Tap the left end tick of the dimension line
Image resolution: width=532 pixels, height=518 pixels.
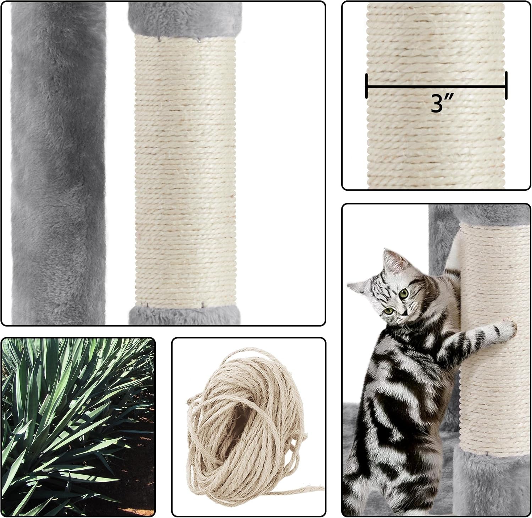coord(366,86)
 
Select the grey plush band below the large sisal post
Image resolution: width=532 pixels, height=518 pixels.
coord(184,315)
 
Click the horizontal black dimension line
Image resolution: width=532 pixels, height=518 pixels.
coord(436,86)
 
